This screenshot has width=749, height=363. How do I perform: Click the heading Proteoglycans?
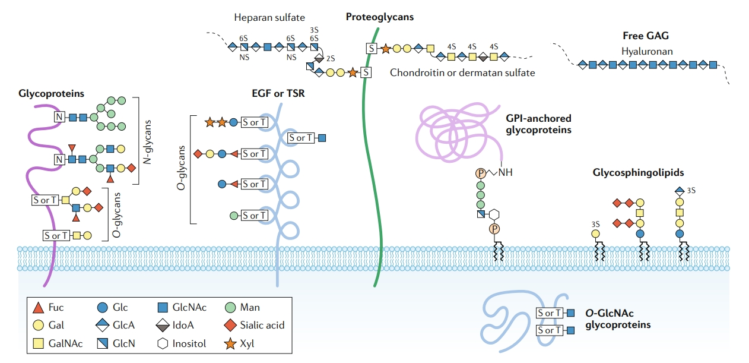point(380,17)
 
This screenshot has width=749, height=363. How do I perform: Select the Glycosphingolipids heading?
point(638,173)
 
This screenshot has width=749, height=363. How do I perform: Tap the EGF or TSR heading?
point(278,93)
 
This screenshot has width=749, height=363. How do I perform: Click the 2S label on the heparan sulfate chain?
point(331,59)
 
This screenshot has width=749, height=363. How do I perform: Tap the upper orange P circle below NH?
point(481,173)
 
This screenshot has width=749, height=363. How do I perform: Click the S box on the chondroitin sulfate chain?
point(371,48)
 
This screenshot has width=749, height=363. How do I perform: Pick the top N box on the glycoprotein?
point(59,116)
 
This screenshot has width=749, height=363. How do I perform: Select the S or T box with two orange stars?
point(254,122)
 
